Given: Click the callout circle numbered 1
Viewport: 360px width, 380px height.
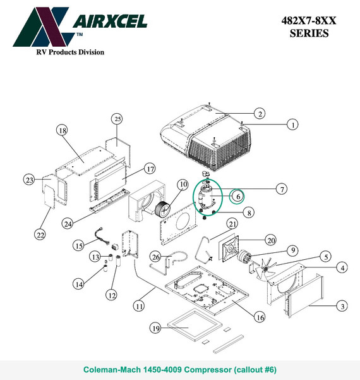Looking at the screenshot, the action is [x=292, y=125].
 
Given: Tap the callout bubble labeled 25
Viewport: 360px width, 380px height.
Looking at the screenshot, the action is [x=117, y=119].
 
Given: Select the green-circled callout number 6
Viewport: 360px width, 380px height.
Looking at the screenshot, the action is [x=237, y=197].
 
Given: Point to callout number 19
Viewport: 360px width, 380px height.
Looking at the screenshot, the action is [x=155, y=328].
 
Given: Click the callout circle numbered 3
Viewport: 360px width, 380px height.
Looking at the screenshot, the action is [x=342, y=306].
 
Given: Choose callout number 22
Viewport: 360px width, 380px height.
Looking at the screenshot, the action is [x=40, y=235].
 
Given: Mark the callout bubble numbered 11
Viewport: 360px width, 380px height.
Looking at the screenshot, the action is [x=139, y=306].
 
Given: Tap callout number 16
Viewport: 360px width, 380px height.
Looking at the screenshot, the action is [x=260, y=317].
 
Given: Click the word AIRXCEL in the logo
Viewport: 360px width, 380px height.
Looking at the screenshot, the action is [x=110, y=21].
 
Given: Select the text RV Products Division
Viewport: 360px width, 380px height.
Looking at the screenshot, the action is [x=70, y=52].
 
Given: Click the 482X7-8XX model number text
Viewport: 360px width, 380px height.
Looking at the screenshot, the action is [x=309, y=21].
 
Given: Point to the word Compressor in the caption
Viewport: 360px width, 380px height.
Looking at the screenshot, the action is [x=207, y=370].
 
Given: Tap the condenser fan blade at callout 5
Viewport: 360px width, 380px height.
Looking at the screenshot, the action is [x=265, y=268].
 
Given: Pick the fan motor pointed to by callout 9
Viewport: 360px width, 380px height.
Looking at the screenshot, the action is [x=244, y=256].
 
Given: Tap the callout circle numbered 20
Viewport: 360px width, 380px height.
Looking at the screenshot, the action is [x=271, y=240].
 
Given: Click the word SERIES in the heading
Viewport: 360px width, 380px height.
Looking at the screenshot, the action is [x=309, y=34].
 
